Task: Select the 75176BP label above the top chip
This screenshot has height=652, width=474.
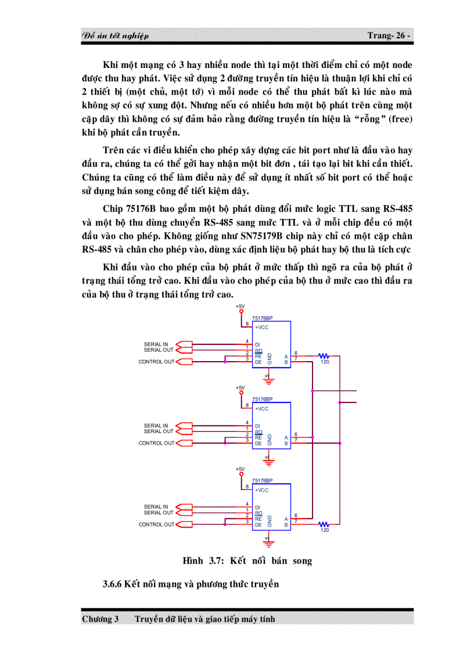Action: pyautogui.click(x=263, y=319)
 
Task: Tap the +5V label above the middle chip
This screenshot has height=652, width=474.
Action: pyautogui.click(x=240, y=388)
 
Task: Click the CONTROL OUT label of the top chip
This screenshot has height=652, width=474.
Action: pyautogui.click(x=156, y=362)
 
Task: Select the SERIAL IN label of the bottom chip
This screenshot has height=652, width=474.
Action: pyautogui.click(x=156, y=507)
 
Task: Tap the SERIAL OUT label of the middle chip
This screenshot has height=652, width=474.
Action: pyautogui.click(x=158, y=431)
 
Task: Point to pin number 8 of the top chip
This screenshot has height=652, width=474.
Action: pyautogui.click(x=247, y=324)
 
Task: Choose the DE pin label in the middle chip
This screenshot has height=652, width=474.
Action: pyautogui.click(x=258, y=443)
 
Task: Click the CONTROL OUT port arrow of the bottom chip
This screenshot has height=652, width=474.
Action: pyautogui.click(x=183, y=524)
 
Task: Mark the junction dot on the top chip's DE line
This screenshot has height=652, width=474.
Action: pyautogui.click(x=225, y=361)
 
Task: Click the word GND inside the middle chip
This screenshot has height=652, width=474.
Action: pyautogui.click(x=270, y=440)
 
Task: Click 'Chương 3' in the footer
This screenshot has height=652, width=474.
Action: pyautogui.click(x=100, y=619)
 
